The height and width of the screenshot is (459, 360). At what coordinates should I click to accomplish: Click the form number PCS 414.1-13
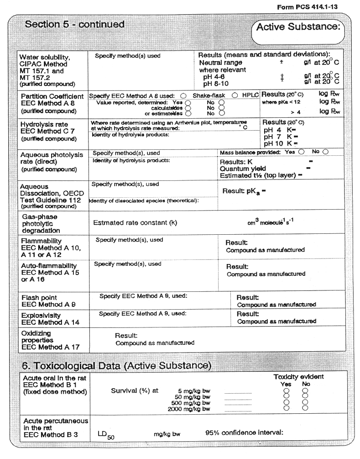coord(308,8)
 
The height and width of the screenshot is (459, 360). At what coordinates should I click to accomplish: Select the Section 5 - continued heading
coord(74,25)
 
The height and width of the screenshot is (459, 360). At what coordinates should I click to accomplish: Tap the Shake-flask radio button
coord(183,95)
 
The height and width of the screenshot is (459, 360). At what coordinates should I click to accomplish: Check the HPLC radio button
coord(235,95)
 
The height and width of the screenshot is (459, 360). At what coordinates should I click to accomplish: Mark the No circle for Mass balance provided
coord(325,152)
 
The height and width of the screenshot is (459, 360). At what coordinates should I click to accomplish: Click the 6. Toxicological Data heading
coord(116,365)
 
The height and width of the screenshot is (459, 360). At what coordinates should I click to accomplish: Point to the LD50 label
coord(106,434)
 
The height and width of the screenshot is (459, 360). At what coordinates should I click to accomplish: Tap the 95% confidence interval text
coord(245,432)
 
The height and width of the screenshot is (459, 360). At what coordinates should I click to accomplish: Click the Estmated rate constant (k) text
coord(135,223)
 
